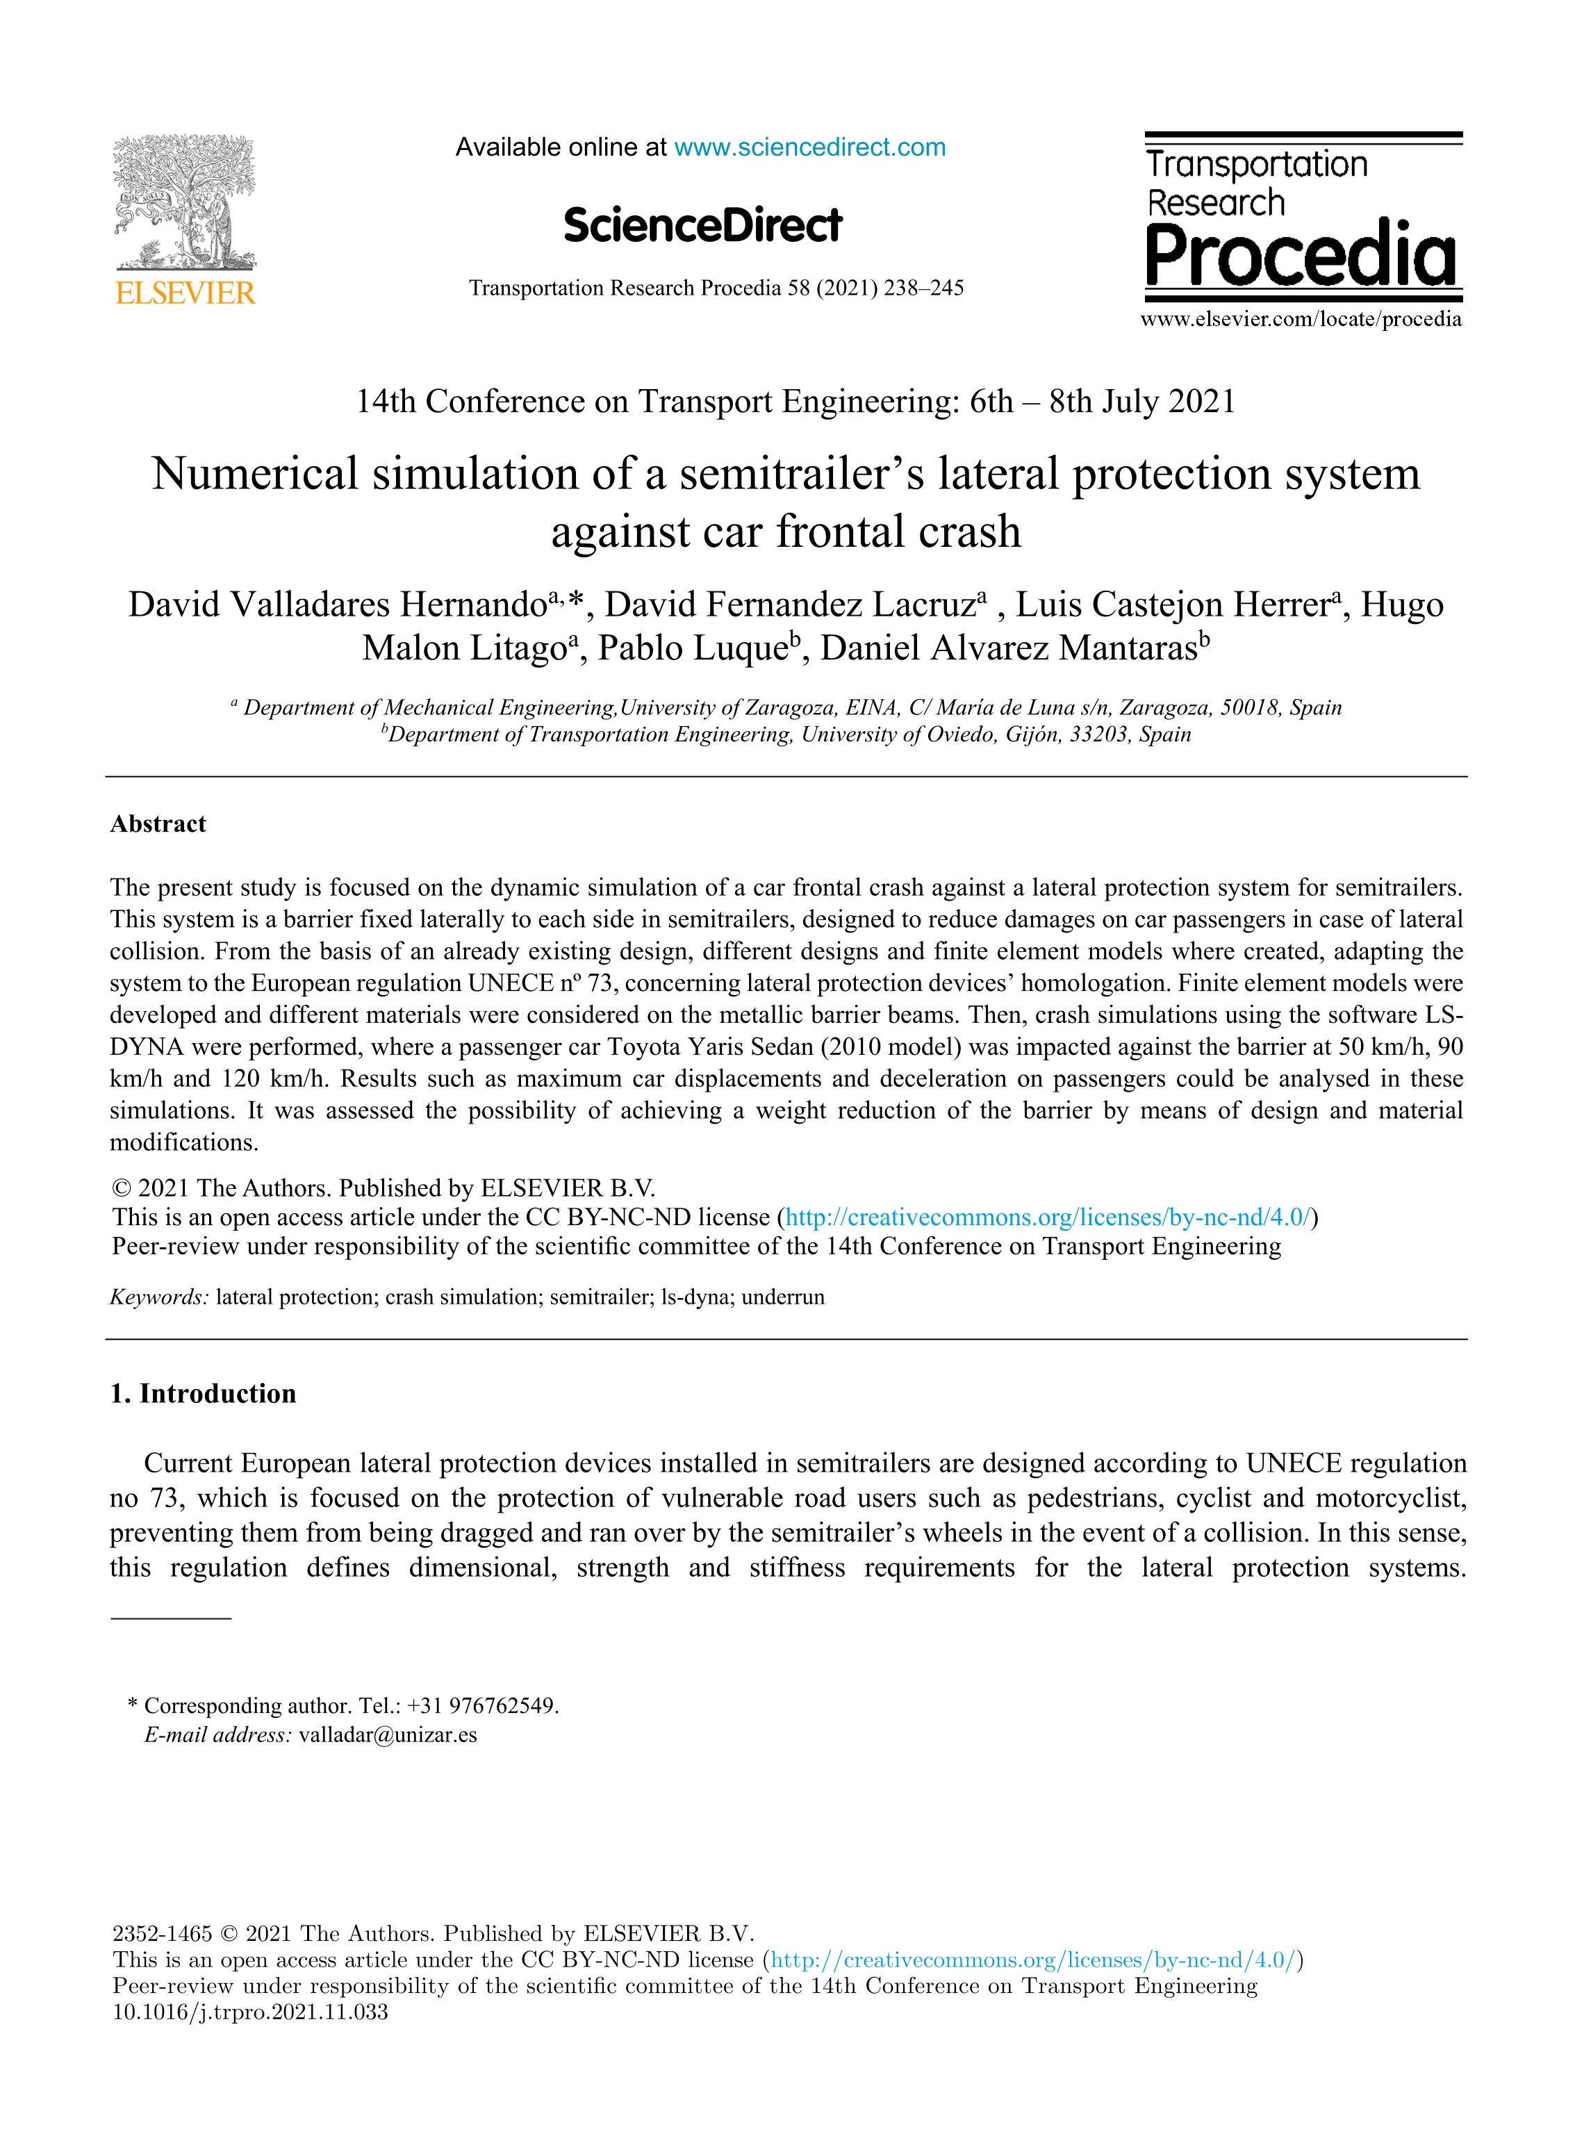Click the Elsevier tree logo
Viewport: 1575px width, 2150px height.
pos(185,202)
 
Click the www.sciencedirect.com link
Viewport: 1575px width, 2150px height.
pos(809,148)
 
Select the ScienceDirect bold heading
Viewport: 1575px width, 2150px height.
pos(702,226)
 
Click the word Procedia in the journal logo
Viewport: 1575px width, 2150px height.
pos(1301,256)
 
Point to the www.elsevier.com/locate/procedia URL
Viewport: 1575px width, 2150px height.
pos(1301,320)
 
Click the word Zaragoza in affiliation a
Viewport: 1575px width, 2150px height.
pos(791,707)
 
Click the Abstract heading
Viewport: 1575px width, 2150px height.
pos(158,823)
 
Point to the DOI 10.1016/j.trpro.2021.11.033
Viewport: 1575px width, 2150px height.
pos(251,2012)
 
